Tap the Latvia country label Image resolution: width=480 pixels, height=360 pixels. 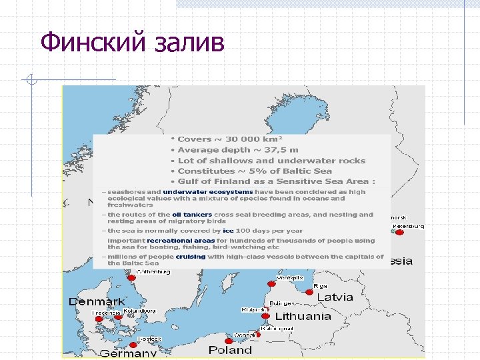pos(334,297)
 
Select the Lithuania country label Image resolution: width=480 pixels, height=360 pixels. pos(303,316)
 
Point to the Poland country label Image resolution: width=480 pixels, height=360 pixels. pos(230,349)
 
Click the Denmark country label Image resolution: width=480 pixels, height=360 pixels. pos(97,301)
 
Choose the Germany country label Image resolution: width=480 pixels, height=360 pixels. pos(128,353)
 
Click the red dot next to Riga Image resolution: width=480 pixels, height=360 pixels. pos(310,291)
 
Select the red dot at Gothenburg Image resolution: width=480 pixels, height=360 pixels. pos(132,277)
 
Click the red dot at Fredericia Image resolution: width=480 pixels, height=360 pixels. pos(99,319)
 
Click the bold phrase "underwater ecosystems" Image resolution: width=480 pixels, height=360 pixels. pos(207,192)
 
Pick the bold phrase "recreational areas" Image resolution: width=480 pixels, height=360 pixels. pos(181,240)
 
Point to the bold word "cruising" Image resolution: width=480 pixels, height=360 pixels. pos(191,257)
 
